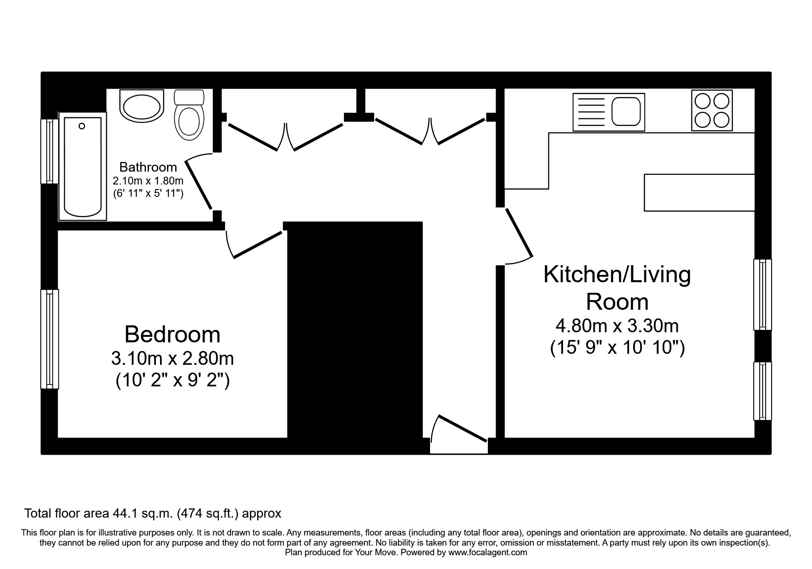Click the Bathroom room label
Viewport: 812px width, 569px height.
[148, 167]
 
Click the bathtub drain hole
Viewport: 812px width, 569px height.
[82, 126]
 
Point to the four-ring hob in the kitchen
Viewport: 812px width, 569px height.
[712, 111]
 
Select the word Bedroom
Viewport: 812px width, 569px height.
[172, 335]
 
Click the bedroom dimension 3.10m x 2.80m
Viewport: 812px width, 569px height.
[172, 358]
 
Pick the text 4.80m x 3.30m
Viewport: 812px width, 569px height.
[617, 326]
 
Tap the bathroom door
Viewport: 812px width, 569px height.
[198, 184]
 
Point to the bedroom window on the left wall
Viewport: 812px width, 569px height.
[50, 339]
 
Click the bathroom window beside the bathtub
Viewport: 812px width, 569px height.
[50, 151]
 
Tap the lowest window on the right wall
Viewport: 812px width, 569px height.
[762, 391]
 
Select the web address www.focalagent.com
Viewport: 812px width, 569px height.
[487, 552]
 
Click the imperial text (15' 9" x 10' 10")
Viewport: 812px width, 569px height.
[617, 348]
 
